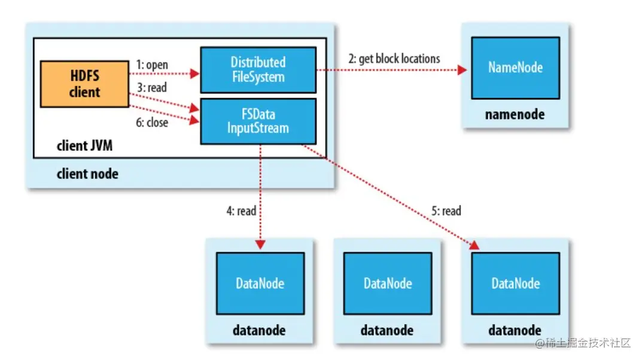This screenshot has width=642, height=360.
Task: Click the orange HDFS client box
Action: [x=84, y=84]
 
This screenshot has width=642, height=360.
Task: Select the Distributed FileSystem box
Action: [x=258, y=69]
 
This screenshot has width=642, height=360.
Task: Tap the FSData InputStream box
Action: [x=258, y=121]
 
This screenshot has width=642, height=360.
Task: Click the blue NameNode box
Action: [x=515, y=68]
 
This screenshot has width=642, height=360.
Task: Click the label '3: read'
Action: [x=152, y=87]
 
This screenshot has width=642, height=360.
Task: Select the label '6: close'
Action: [x=152, y=123]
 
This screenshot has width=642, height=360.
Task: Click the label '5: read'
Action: [x=446, y=211]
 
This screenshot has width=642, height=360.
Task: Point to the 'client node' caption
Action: [x=87, y=174]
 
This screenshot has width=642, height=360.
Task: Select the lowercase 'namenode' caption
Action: [x=515, y=114]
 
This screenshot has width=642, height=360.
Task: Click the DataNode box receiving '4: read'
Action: [x=260, y=283]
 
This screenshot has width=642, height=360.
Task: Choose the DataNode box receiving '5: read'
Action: [x=515, y=283]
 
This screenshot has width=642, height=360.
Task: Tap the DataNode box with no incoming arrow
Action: [x=388, y=283]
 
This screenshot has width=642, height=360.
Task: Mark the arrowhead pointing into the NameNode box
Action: [x=463, y=70]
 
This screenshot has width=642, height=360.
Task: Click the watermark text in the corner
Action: [x=583, y=343]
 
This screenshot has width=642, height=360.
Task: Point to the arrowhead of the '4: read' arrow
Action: [x=260, y=245]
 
